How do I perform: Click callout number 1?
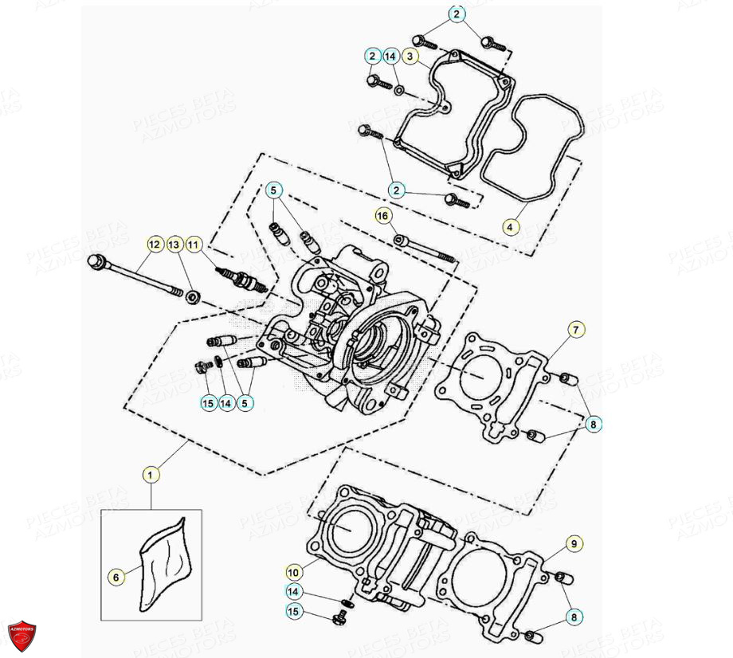(x=151, y=474)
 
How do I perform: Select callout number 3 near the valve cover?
(x=410, y=57)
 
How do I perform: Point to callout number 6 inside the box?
(x=116, y=575)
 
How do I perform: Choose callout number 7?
(x=575, y=328)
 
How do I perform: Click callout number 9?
(x=573, y=544)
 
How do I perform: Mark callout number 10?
(x=292, y=571)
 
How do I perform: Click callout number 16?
(x=383, y=216)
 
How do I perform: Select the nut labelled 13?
(x=192, y=297)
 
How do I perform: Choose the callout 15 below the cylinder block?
(x=293, y=611)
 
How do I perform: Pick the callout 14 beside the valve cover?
(x=390, y=57)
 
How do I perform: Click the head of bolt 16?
(x=399, y=238)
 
